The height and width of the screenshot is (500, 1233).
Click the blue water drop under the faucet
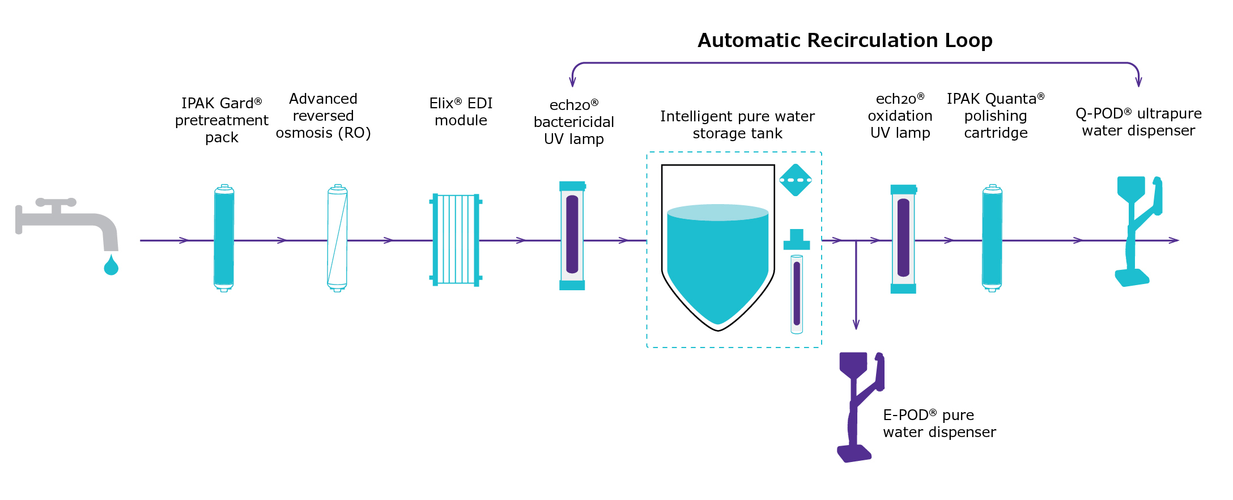click(111, 266)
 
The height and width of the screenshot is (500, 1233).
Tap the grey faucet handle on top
click(56, 202)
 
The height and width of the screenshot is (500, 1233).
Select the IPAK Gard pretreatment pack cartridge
click(224, 238)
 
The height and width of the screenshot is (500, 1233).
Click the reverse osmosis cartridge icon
click(337, 238)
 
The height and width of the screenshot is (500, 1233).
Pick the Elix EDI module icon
click(456, 239)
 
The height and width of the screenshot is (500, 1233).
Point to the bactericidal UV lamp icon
click(572, 235)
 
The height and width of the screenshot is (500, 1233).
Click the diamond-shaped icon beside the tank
click(796, 180)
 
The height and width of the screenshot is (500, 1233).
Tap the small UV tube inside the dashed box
click(797, 294)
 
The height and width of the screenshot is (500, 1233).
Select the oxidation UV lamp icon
click(903, 239)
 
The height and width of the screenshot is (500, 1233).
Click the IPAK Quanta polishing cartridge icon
click(992, 238)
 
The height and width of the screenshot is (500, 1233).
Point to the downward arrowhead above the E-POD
click(856, 324)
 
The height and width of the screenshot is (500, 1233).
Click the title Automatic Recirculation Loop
click(845, 40)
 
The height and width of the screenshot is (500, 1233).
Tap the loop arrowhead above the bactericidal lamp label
click(572, 82)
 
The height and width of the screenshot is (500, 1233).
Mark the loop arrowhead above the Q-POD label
click(1139, 82)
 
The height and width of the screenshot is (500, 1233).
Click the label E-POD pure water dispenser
click(939, 423)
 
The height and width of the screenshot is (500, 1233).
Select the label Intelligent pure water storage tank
click(737, 125)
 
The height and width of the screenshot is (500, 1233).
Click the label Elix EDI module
click(461, 112)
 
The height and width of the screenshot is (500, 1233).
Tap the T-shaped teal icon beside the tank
click(797, 240)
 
